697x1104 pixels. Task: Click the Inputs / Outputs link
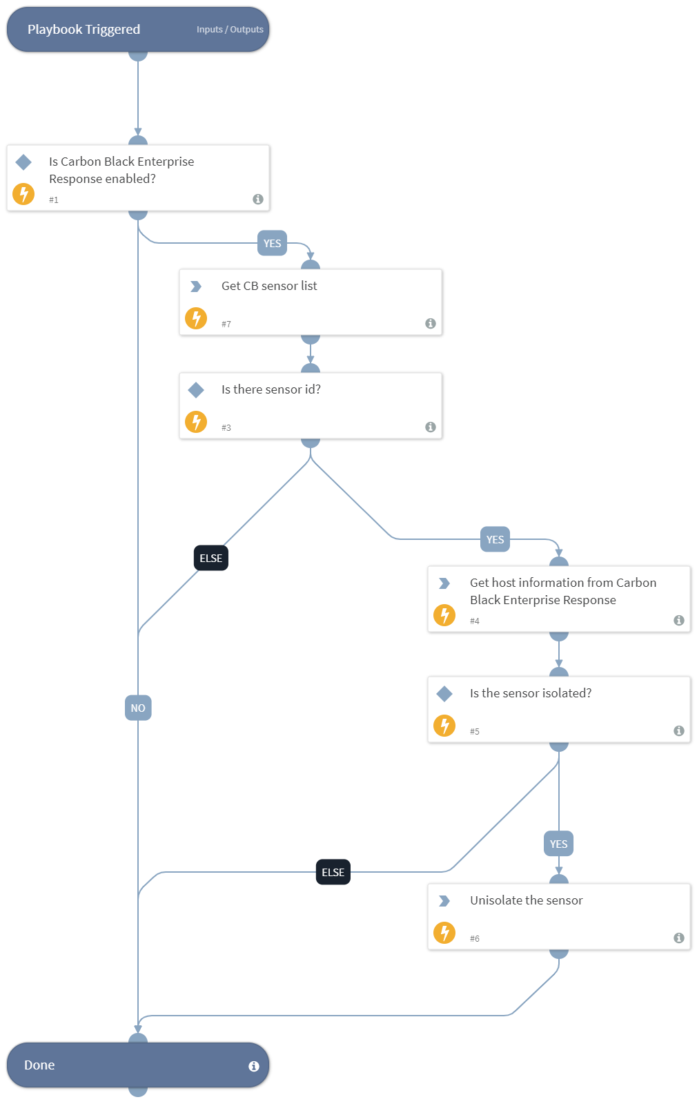pyautogui.click(x=230, y=30)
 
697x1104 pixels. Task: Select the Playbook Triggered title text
pyautogui.click(x=84, y=30)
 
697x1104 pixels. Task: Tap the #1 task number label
pyautogui.click(x=54, y=200)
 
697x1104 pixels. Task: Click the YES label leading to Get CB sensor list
pyautogui.click(x=272, y=243)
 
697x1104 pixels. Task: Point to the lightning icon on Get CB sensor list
pyautogui.click(x=196, y=318)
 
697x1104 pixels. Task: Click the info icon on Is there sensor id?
pyautogui.click(x=431, y=427)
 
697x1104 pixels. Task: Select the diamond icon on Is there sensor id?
pyautogui.click(x=196, y=390)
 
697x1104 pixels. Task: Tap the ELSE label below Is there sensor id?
pyautogui.click(x=210, y=558)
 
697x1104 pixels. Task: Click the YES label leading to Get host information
pyautogui.click(x=495, y=539)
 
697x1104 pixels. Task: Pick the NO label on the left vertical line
pyautogui.click(x=138, y=708)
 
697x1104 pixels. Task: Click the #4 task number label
pyautogui.click(x=475, y=621)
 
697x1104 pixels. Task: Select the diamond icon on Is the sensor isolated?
pyautogui.click(x=444, y=694)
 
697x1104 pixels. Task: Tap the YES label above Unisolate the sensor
pyautogui.click(x=558, y=844)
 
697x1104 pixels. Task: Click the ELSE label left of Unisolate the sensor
pyautogui.click(x=333, y=872)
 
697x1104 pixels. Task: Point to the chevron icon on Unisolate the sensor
pyautogui.click(x=444, y=901)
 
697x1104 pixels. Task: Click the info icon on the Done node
pyautogui.click(x=254, y=1066)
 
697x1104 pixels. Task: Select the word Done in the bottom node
pyautogui.click(x=39, y=1065)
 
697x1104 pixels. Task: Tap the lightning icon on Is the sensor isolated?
pyautogui.click(x=444, y=726)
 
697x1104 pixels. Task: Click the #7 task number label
pyautogui.click(x=226, y=325)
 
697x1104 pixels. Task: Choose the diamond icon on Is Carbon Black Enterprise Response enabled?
pyautogui.click(x=23, y=162)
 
